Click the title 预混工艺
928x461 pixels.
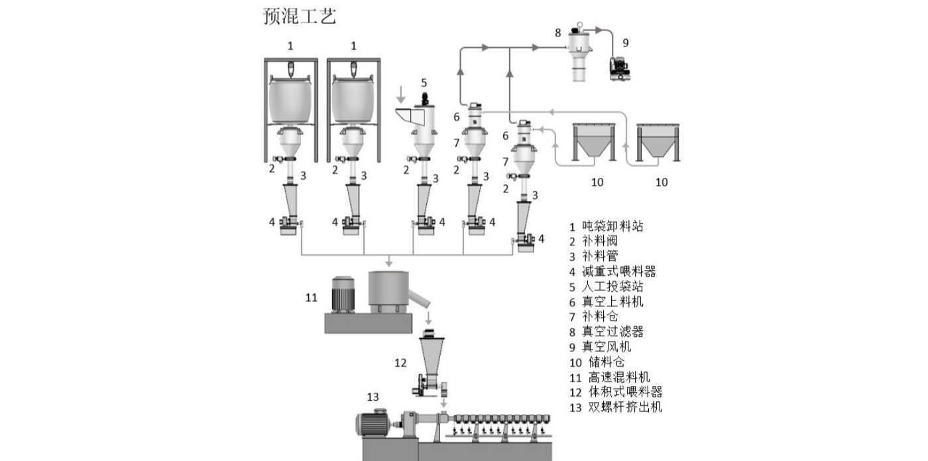[x=300, y=16]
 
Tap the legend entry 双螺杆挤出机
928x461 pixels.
[x=624, y=407]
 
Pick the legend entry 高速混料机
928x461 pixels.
[x=619, y=377]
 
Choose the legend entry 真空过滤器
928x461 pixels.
[x=612, y=332]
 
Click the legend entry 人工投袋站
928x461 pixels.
[x=612, y=287]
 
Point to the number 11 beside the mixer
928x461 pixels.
[x=312, y=297]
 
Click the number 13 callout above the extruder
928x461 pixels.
[x=373, y=397]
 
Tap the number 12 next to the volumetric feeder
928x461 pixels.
[x=400, y=362]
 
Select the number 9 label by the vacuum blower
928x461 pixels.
[x=625, y=42]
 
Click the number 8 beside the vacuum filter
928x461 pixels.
[x=557, y=32]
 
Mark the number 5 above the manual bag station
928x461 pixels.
[x=424, y=83]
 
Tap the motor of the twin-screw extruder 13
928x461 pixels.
[x=377, y=423]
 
